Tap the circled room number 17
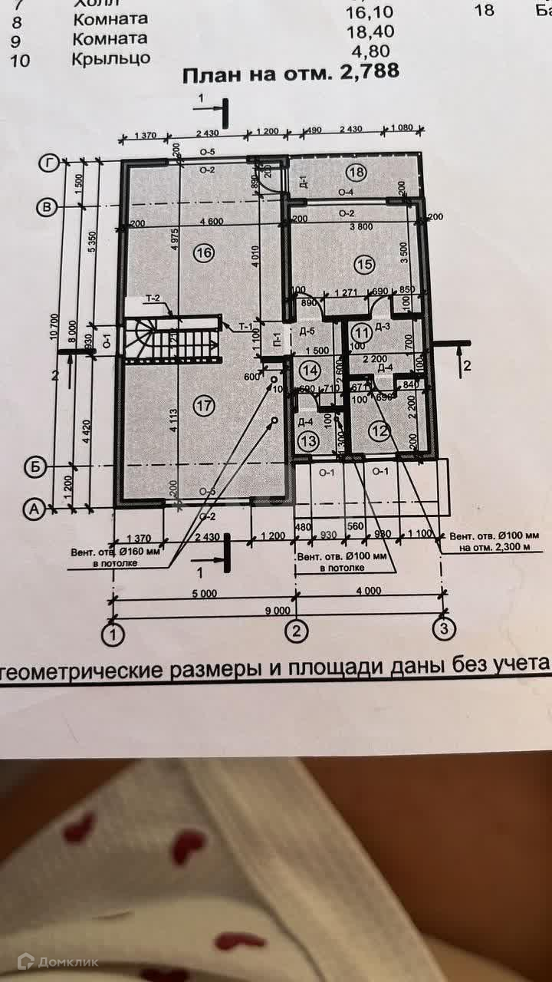tap(202, 407)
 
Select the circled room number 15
tap(363, 265)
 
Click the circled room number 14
tap(309, 370)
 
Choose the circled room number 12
tap(379, 431)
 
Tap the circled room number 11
tap(361, 332)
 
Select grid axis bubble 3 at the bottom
tap(443, 631)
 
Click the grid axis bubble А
tap(33, 508)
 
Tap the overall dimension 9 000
tap(280, 611)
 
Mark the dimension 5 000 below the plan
tap(205, 593)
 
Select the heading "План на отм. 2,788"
tap(291, 74)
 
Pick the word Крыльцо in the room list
tap(111, 58)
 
